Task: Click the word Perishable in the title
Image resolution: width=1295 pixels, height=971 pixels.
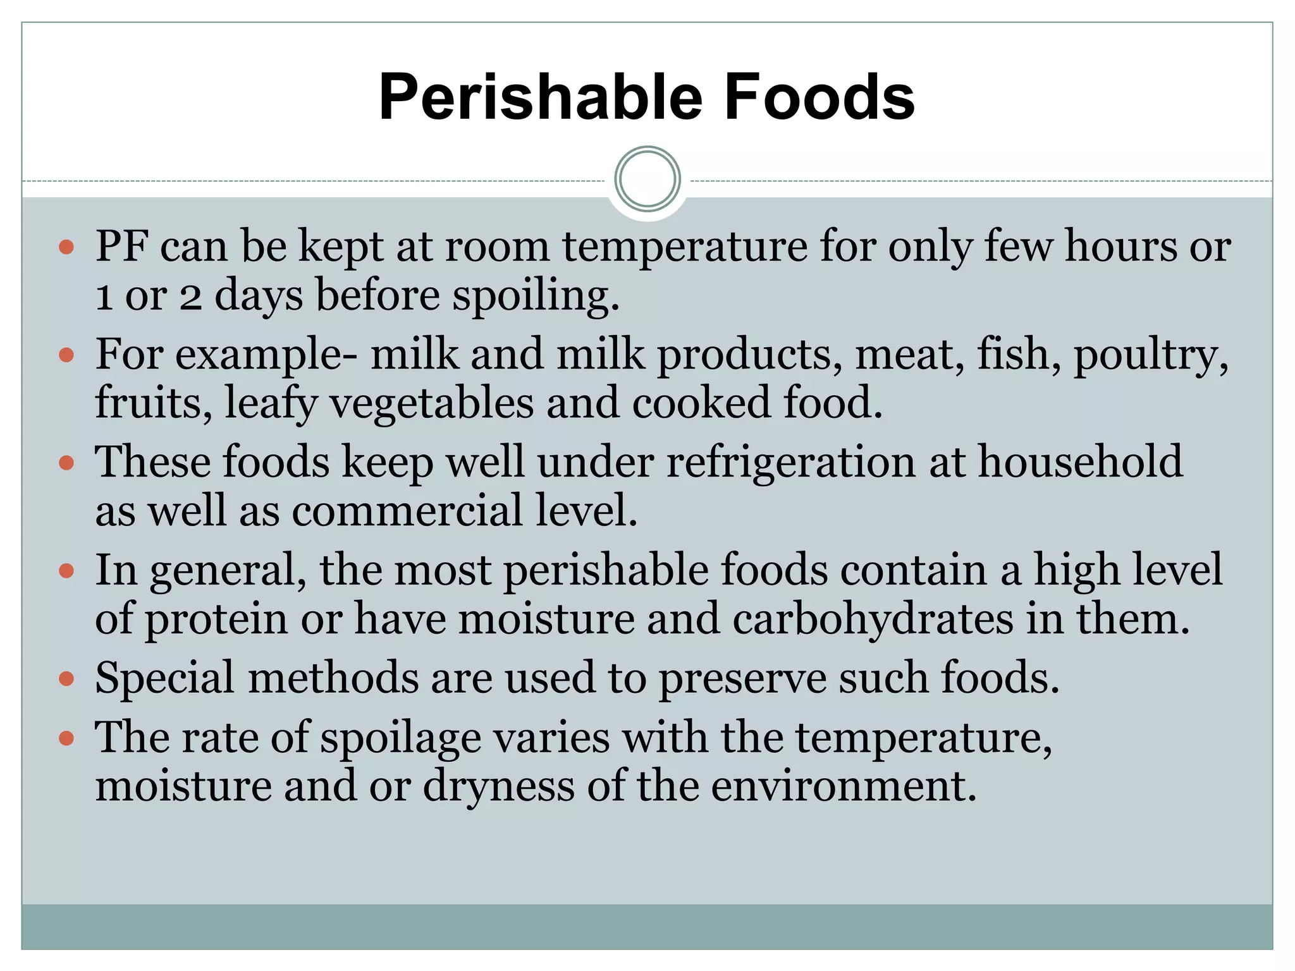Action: [541, 97]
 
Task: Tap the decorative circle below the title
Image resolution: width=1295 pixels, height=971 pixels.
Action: [647, 180]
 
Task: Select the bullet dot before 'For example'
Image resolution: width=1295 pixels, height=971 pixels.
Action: [66, 355]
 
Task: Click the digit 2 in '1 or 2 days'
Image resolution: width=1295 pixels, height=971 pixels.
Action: [190, 296]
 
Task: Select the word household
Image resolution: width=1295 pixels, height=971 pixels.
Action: [1080, 461]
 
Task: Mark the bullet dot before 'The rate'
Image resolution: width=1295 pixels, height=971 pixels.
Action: [66, 738]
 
